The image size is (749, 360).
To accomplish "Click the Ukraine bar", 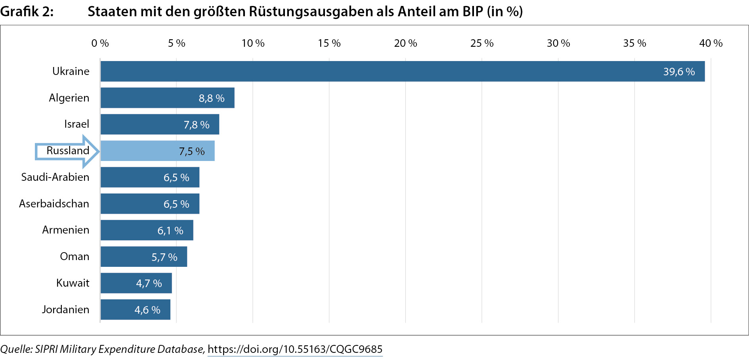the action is coord(403,71).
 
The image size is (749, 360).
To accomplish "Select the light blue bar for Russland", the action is coord(158,151).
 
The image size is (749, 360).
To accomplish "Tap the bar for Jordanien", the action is coord(136,310).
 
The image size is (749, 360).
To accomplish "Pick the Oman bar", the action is coord(144,257).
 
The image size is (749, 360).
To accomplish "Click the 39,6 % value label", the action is coord(679,72).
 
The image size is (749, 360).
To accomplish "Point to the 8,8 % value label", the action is coord(212,98).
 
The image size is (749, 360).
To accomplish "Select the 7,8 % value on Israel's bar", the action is coord(197,125).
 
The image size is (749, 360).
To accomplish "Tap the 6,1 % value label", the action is coord(170,231).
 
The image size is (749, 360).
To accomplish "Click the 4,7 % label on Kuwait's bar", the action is coord(149,283).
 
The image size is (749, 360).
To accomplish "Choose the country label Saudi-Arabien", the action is coord(55,177).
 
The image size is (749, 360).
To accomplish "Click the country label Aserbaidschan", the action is coord(54,204).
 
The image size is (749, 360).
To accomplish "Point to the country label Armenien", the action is coord(66,230).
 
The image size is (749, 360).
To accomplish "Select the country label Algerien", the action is coord(69,98).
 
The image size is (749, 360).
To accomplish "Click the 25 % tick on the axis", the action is coord(482,43).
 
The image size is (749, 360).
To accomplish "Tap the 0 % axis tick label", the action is coord(100,43).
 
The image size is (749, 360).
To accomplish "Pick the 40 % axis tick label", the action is coord(711,43).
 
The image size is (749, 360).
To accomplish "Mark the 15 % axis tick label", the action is coord(329,43).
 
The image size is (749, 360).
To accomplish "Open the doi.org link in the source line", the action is coord(295,349).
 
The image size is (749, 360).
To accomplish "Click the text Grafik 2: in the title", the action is coord(27,11).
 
